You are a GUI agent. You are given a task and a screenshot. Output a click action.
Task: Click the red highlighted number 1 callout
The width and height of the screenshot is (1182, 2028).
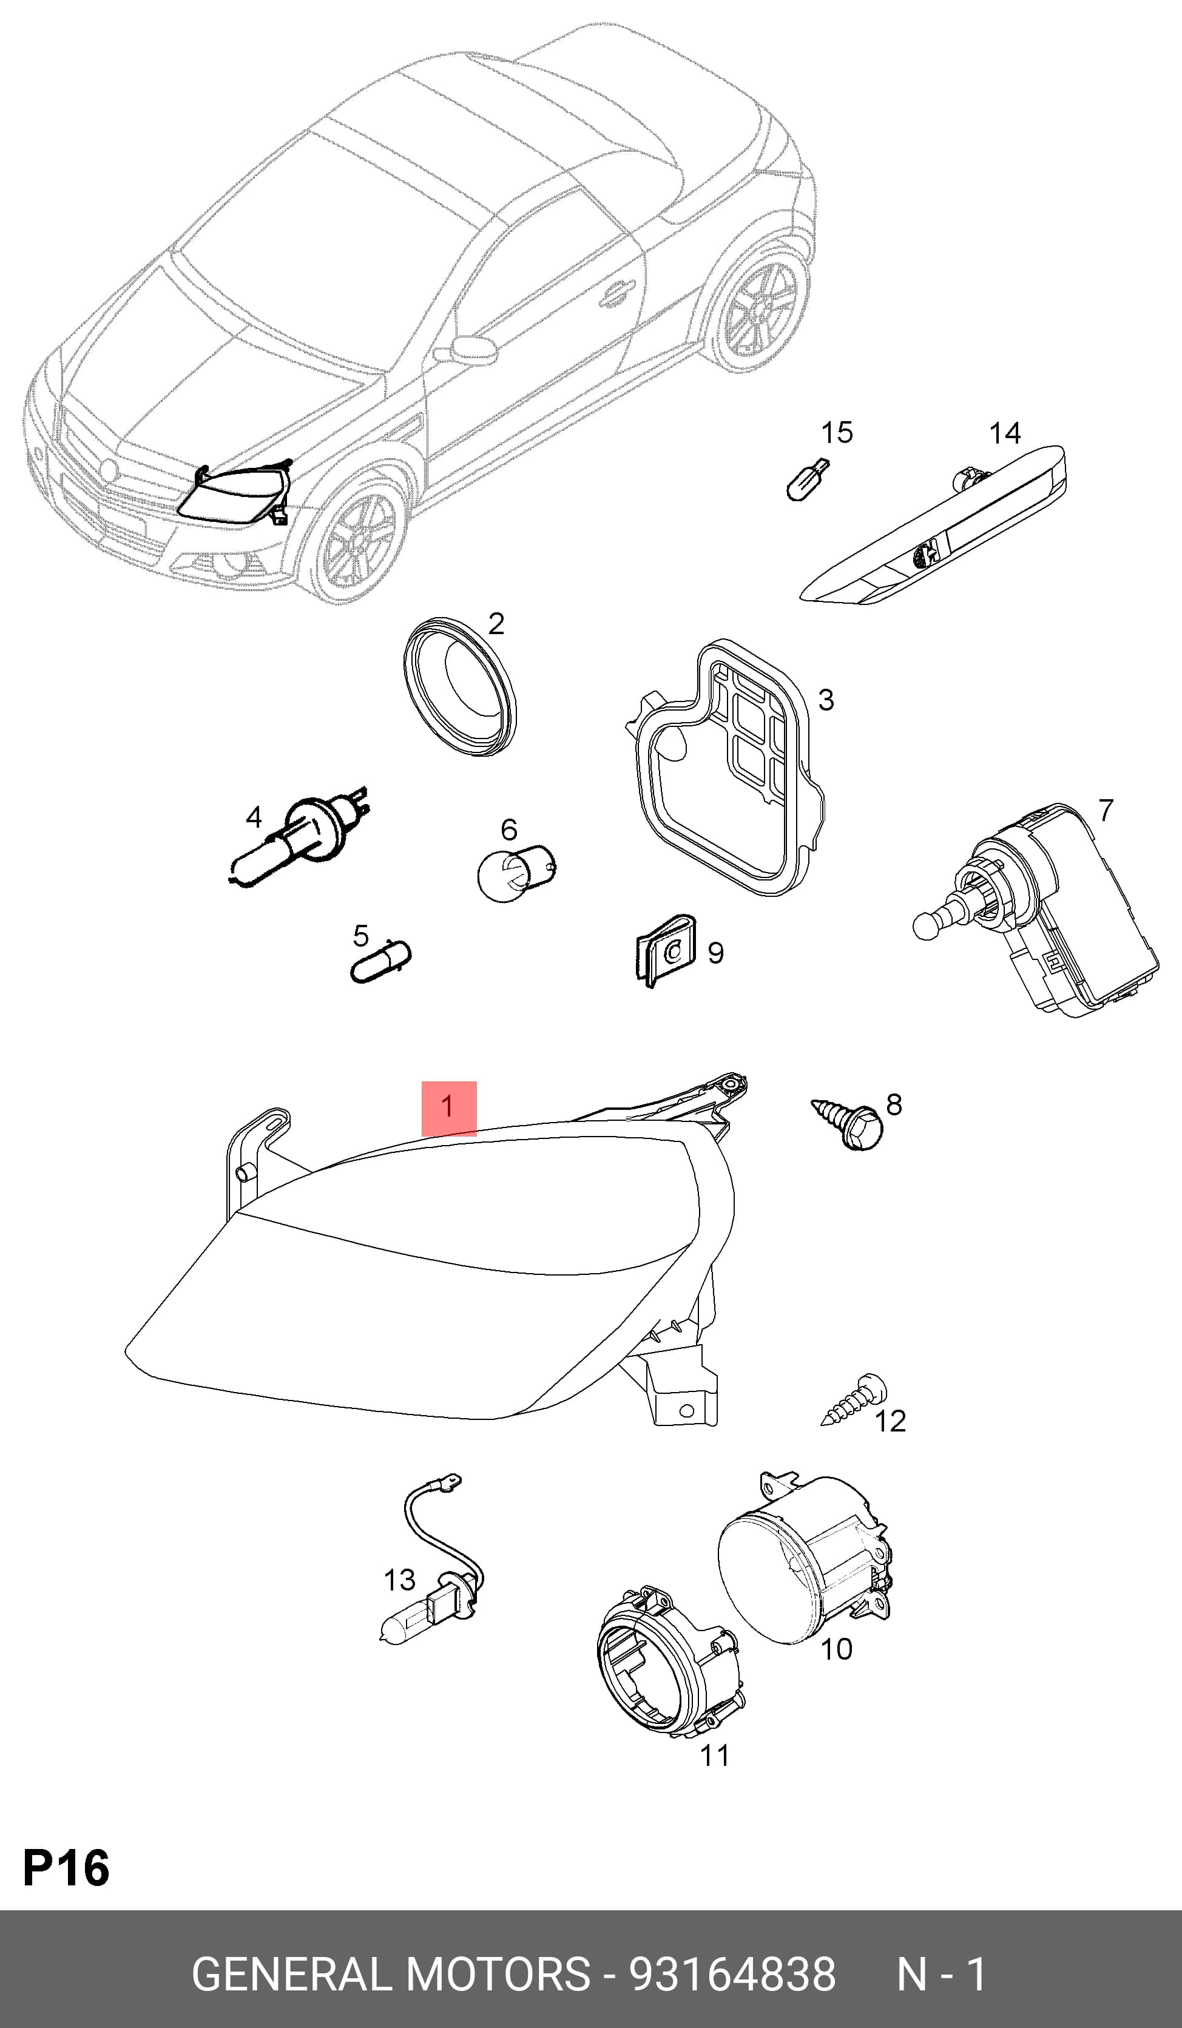pos(449,1108)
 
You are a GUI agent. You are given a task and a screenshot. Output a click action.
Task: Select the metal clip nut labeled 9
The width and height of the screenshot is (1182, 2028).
pos(664,951)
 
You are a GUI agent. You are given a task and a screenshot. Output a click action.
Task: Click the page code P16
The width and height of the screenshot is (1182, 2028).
pos(66,1868)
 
